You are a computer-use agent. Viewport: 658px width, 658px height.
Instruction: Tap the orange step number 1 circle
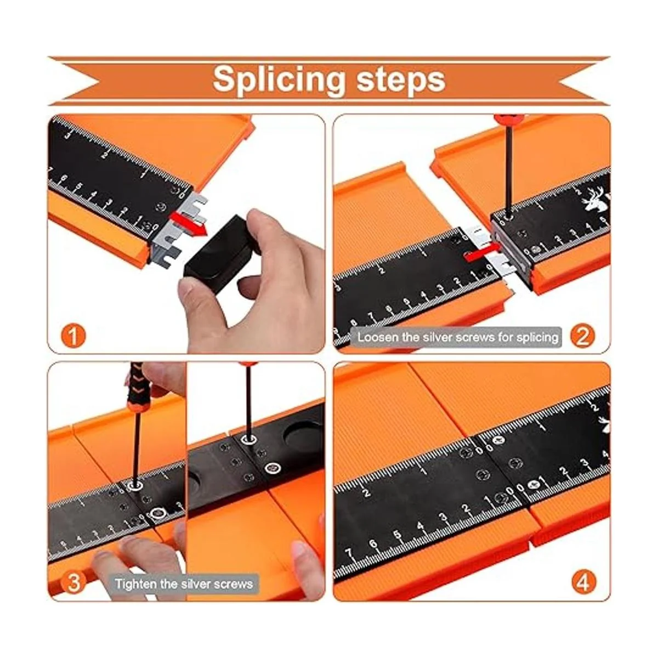point(73,336)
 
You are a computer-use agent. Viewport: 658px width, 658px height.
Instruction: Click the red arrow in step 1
point(189,224)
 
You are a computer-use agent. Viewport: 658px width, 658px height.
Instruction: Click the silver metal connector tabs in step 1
point(175,226)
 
